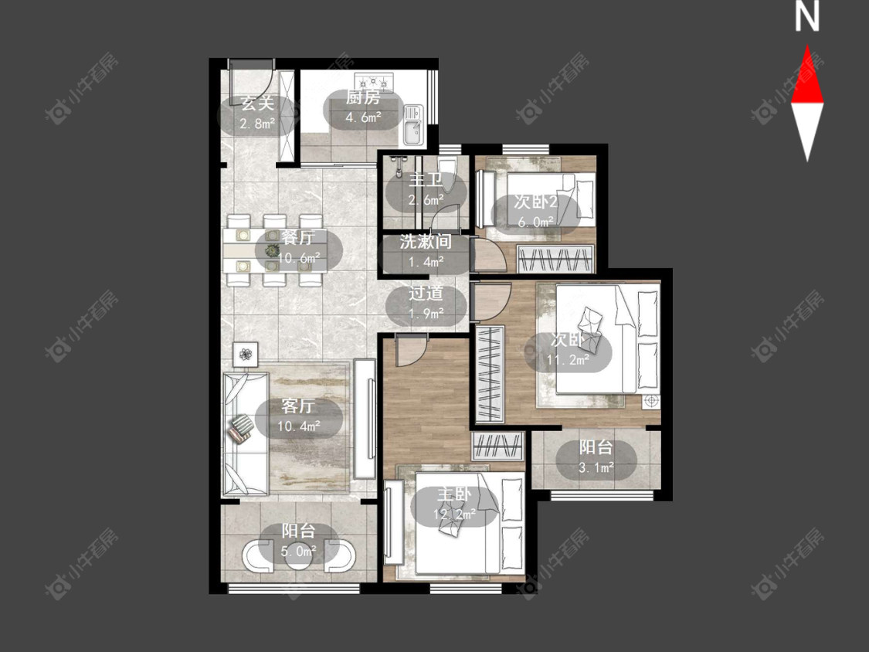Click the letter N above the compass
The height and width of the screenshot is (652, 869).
click(x=807, y=16)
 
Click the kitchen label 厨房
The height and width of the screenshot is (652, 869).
click(x=363, y=97)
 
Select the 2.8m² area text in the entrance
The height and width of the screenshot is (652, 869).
click(x=257, y=123)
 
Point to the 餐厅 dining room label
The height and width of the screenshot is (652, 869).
click(x=298, y=238)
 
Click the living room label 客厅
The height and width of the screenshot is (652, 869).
click(x=298, y=406)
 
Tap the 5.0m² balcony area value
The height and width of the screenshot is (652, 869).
click(x=298, y=551)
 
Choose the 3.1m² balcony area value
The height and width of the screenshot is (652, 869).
click(x=596, y=467)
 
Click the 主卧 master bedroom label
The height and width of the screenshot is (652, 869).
click(x=453, y=494)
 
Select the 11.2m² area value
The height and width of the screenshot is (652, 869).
click(x=568, y=360)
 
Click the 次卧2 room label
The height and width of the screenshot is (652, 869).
click(x=535, y=202)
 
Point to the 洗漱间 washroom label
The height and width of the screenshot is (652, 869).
click(x=426, y=242)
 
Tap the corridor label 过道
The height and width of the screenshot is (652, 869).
click(x=426, y=294)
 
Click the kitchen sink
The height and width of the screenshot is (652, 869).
click(x=413, y=125)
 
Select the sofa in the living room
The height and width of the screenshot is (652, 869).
click(x=246, y=433)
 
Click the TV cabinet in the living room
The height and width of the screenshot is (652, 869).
click(x=364, y=419)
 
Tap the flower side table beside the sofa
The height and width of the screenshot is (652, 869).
click(x=245, y=355)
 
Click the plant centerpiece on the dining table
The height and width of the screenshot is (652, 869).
click(x=272, y=250)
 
